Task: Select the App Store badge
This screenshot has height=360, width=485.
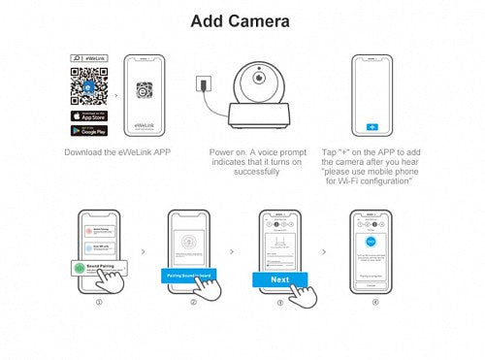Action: point(88,115)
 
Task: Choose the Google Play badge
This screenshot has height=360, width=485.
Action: point(88,131)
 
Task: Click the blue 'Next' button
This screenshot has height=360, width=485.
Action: point(279,279)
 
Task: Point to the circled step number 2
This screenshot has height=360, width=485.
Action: point(193,302)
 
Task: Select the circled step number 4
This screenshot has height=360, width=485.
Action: point(376,302)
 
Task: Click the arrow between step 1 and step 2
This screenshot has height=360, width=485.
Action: point(144,250)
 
